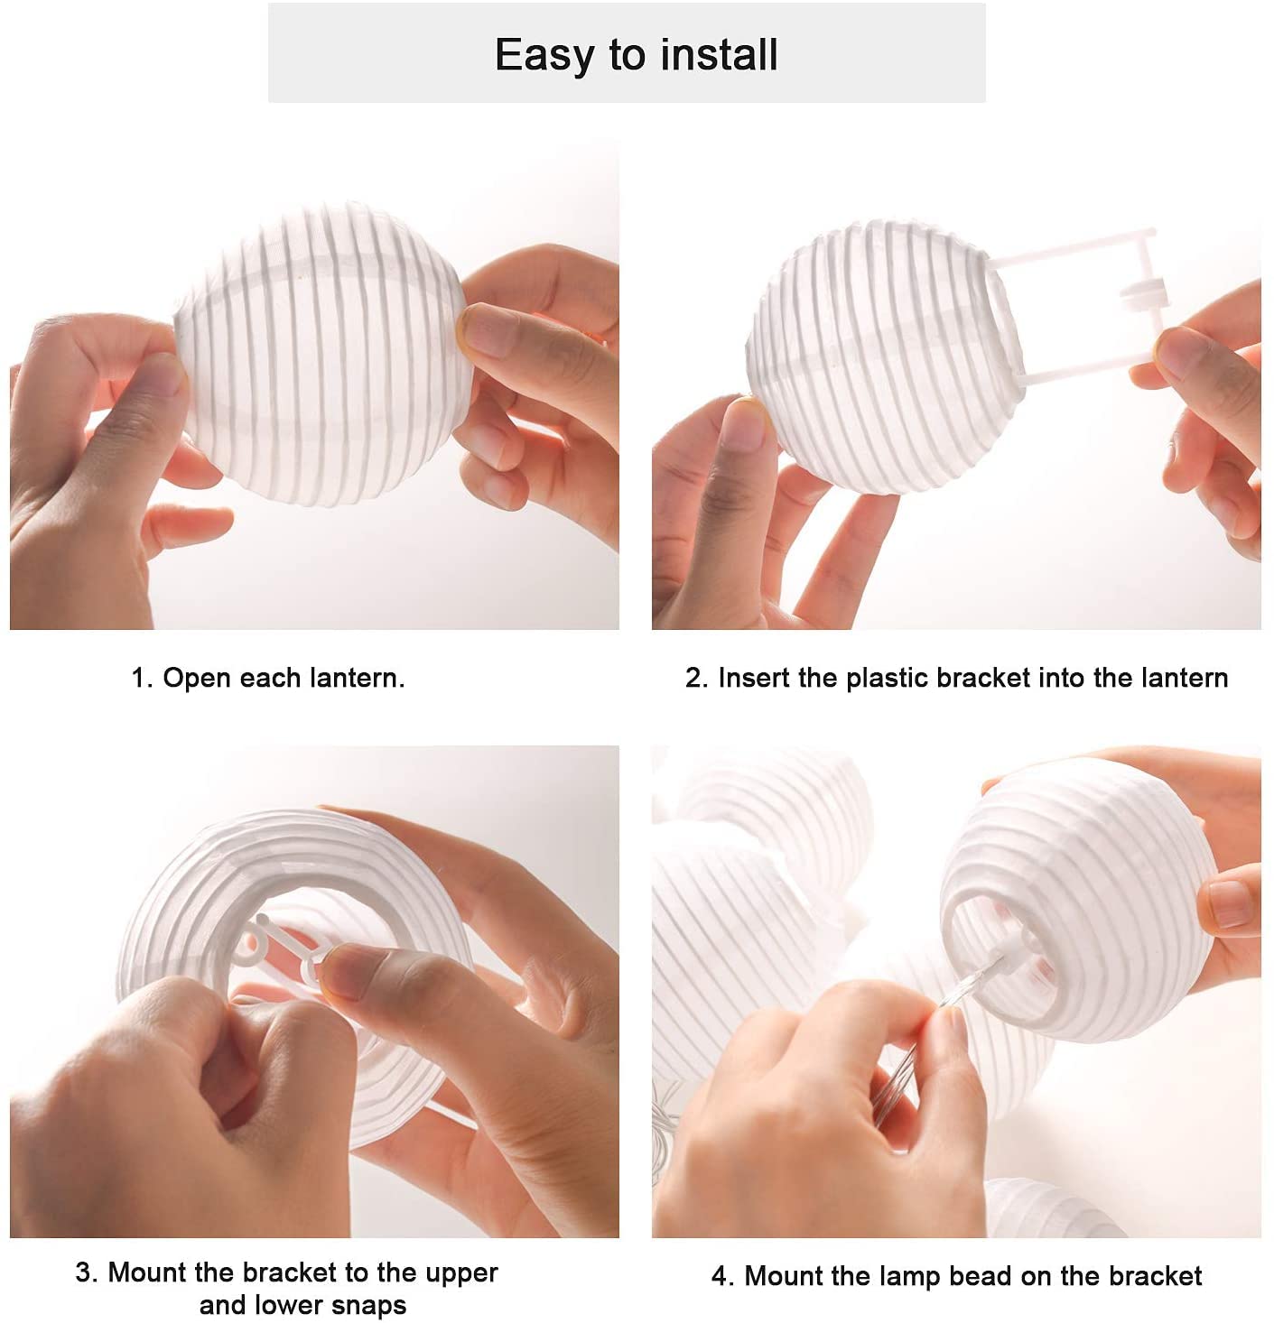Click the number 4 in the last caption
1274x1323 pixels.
[720, 1277]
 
